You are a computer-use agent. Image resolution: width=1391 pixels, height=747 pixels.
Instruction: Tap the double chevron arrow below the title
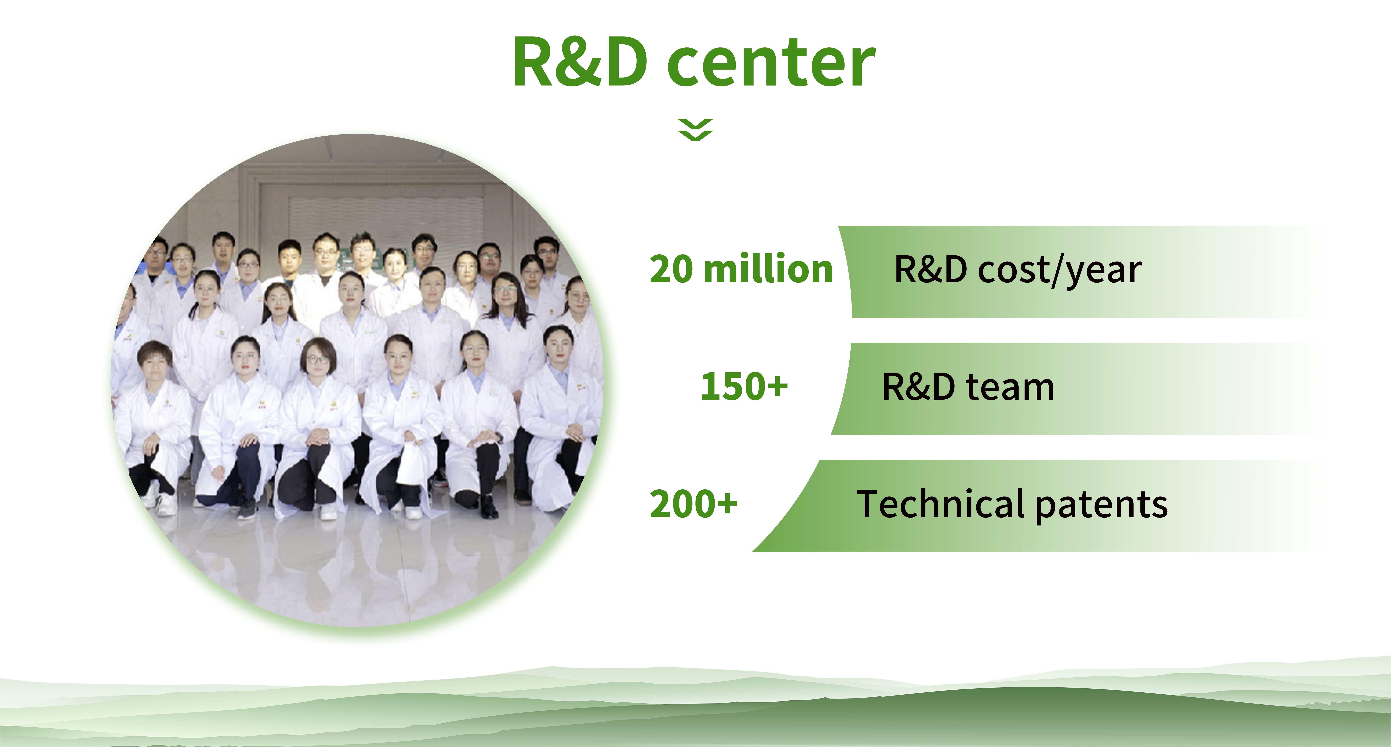pos(695,130)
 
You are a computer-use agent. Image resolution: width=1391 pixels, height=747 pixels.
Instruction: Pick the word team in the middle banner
pos(1010,387)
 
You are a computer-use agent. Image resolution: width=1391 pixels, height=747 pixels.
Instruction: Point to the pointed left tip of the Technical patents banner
pos(753,551)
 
